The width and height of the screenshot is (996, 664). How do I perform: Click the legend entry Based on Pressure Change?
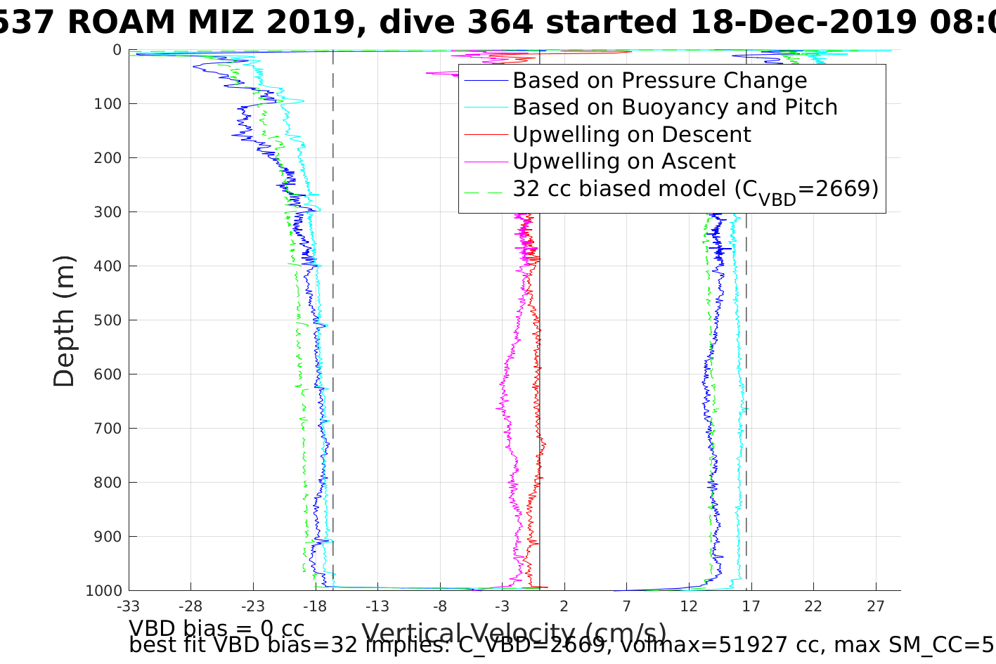coord(659,81)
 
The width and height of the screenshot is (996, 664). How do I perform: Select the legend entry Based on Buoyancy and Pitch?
coord(675,108)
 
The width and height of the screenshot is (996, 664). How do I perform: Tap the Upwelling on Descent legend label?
coord(631,134)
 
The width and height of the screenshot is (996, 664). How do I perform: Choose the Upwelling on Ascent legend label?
coord(623,162)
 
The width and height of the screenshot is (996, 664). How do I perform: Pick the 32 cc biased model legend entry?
coord(695,189)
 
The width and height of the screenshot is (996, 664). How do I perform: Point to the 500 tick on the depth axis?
coord(107,320)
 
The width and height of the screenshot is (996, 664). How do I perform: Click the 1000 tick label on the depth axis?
coord(103,591)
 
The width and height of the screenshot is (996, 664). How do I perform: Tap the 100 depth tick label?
coord(107,104)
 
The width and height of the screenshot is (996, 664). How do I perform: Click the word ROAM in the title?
coord(121,22)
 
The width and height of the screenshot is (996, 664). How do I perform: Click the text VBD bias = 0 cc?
coord(216,628)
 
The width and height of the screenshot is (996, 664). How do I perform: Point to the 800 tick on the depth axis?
coord(107,483)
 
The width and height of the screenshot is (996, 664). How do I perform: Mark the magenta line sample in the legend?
coord(486,162)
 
